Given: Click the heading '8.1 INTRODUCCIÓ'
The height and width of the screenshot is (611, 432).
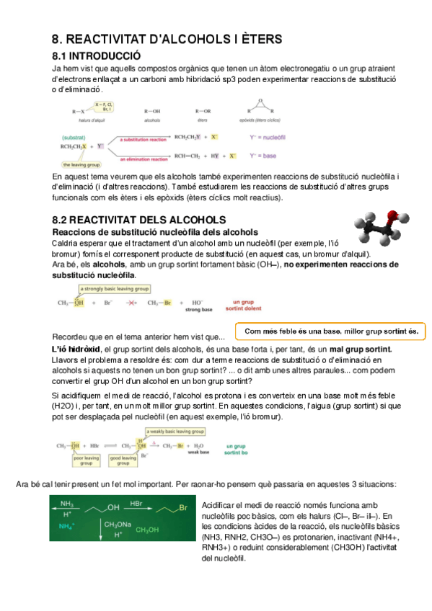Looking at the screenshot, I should click(x=97, y=55).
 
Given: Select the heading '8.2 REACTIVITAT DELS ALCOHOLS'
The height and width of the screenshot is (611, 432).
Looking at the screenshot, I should click(x=139, y=219).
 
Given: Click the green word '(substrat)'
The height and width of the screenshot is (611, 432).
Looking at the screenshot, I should click(x=74, y=137).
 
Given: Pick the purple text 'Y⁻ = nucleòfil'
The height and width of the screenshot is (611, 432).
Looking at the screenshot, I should click(x=269, y=135).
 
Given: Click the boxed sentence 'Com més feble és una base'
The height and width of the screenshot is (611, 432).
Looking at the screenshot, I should click(x=331, y=331).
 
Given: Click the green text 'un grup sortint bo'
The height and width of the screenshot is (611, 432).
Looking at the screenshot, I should click(x=237, y=450).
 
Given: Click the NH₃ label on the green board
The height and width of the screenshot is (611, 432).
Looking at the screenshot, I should click(x=66, y=503).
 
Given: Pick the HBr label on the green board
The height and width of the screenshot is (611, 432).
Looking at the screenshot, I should click(x=136, y=502).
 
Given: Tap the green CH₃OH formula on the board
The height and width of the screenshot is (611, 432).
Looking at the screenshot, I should click(x=147, y=530).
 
